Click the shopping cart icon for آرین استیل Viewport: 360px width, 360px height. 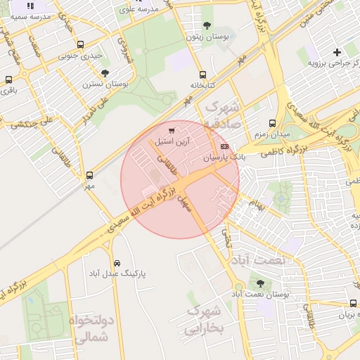pos(172,131)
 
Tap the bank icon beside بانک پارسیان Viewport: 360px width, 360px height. pos(224,146)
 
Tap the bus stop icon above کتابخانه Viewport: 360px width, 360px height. pos(202,75)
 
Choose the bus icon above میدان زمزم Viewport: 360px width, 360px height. pos(272,123)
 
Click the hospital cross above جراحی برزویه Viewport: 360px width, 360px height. pos(337,52)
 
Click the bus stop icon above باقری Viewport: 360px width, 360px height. pos(8,79)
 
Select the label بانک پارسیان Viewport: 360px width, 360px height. pos(224,158)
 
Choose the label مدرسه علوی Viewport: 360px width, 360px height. pos(138,9)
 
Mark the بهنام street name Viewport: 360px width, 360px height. pos(256,206)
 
